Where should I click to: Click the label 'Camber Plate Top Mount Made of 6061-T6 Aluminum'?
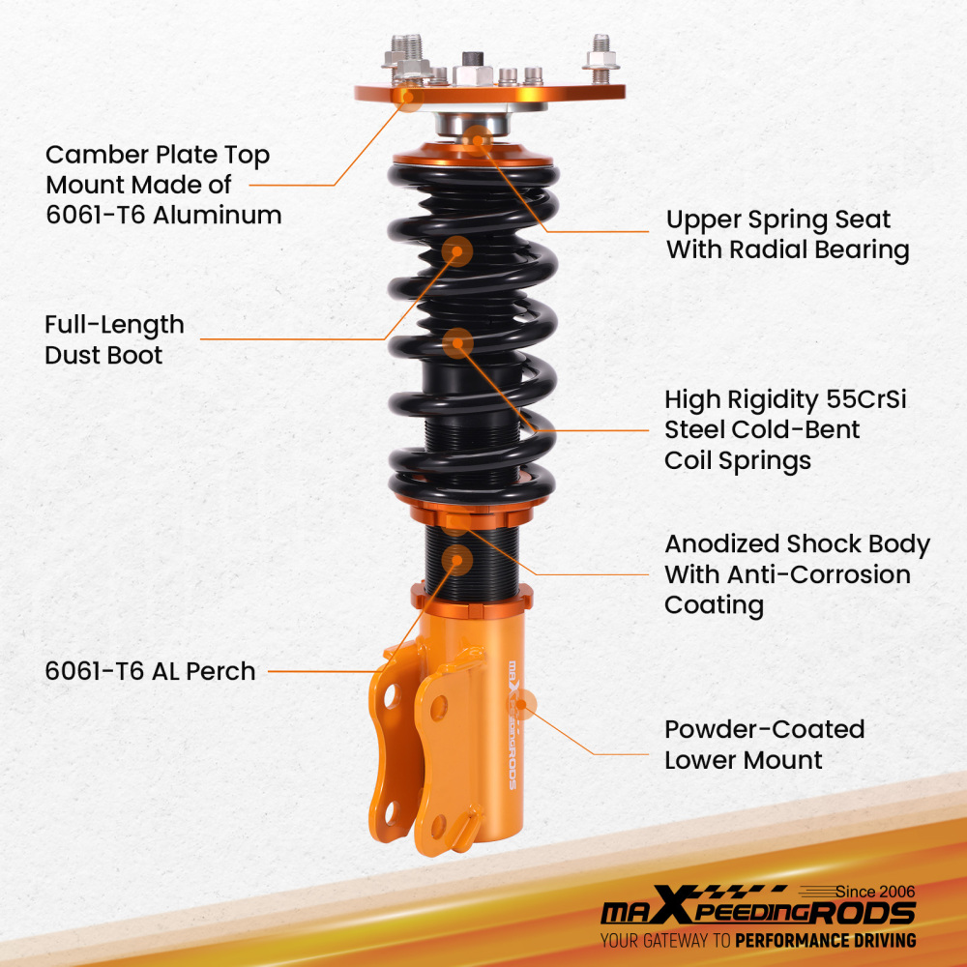163,184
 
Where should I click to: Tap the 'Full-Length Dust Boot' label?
114,339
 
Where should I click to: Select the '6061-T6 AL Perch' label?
150,670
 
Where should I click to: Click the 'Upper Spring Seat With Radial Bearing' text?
787,235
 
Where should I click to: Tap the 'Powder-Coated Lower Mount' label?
764,744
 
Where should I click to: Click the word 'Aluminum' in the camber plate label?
219,214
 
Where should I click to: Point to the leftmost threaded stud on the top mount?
402,50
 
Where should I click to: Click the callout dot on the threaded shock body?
457,560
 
